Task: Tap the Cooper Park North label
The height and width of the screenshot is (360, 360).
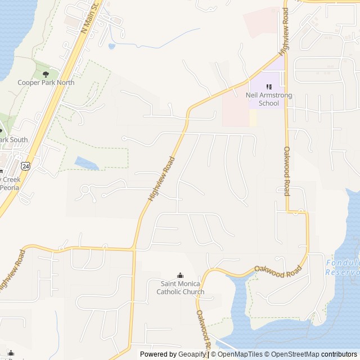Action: [x=46, y=82]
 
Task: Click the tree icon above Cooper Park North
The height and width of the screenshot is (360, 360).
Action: [x=46, y=74]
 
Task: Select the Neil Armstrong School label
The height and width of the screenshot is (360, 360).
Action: [x=269, y=100]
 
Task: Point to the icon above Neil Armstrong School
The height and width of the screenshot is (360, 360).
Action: [x=269, y=87]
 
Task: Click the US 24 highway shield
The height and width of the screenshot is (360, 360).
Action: [x=25, y=166]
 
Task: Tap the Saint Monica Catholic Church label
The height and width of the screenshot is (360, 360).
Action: [x=180, y=287]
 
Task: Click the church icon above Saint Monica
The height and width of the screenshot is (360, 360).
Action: [x=180, y=275]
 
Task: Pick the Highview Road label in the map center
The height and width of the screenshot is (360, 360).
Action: [x=161, y=179]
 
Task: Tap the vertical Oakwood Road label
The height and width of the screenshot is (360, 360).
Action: [x=286, y=171]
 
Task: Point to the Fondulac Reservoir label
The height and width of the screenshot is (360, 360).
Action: [x=343, y=267]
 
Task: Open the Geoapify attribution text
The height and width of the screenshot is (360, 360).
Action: [x=173, y=354]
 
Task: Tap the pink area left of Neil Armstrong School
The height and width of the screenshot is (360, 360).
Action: [x=236, y=107]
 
